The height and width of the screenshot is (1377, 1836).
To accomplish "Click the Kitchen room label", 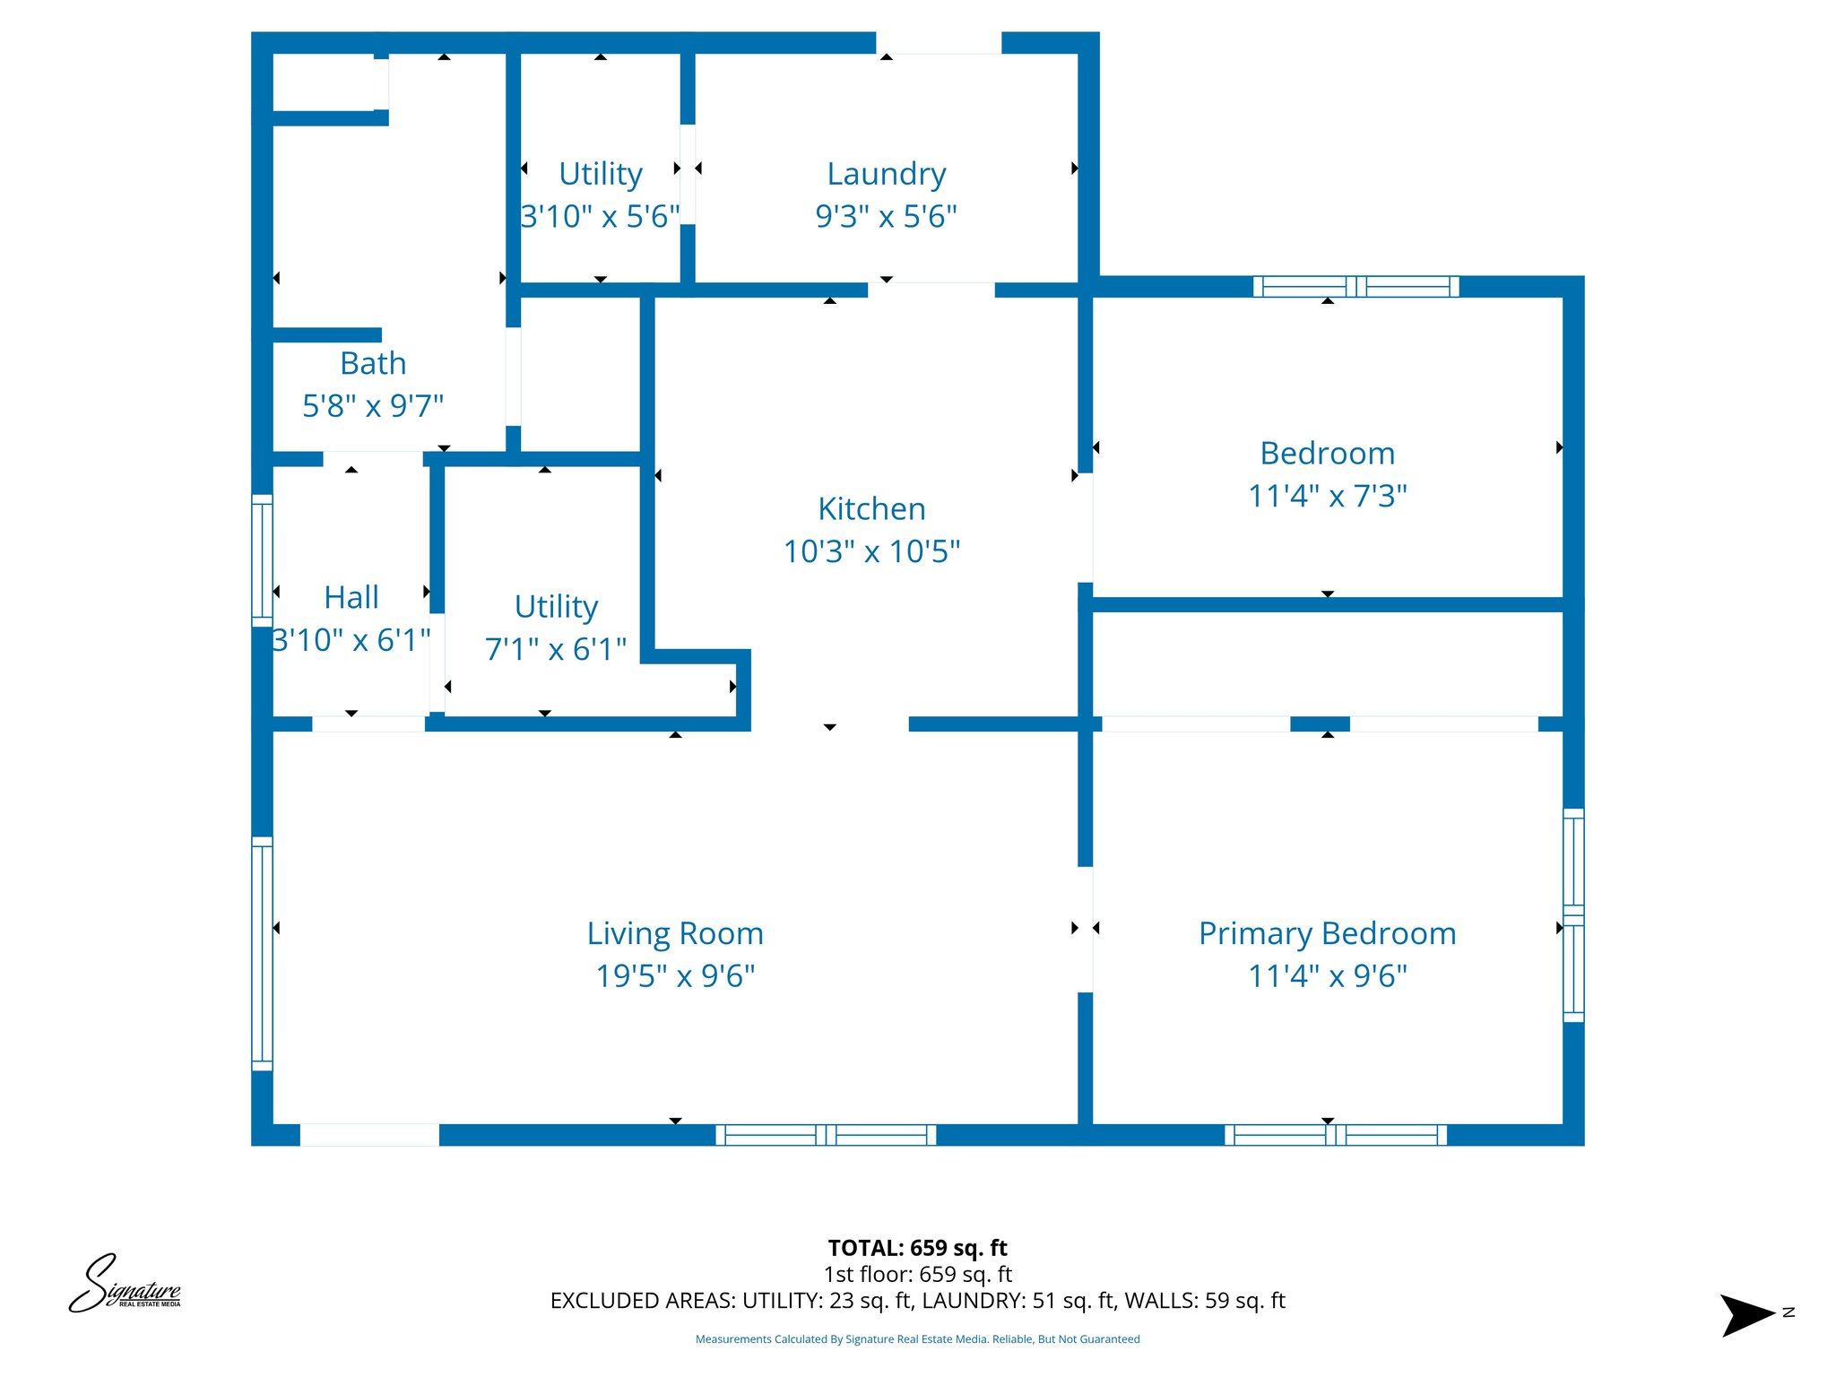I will click(871, 509).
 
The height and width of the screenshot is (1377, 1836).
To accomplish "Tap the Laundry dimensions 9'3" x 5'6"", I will click(886, 217).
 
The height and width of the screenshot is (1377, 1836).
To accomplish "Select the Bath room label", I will click(373, 364).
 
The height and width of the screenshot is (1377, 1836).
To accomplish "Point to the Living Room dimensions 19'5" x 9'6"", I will click(675, 976).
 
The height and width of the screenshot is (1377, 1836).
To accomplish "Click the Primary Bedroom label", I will click(1327, 934).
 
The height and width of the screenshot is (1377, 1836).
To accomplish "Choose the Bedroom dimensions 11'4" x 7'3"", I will click(1327, 496).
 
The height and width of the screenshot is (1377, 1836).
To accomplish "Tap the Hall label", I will click(351, 598).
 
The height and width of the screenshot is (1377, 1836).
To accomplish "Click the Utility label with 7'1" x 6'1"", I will click(556, 607).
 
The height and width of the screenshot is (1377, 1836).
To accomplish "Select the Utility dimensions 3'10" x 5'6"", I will click(600, 217).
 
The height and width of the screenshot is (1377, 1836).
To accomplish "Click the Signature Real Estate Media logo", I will click(126, 1285).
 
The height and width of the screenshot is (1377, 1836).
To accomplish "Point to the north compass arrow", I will click(1748, 1315).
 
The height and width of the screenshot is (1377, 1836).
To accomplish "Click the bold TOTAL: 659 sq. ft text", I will click(917, 1248).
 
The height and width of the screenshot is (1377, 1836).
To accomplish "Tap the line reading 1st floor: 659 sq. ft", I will click(917, 1274).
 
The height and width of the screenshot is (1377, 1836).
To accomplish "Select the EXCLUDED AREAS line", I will click(917, 1301).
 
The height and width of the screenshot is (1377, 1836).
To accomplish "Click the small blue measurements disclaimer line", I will click(917, 1339).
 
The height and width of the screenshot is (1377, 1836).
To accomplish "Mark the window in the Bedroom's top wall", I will click(1355, 287).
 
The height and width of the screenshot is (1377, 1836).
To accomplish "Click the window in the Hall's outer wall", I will click(262, 560).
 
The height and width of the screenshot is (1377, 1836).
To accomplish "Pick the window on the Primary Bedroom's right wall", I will click(1573, 915).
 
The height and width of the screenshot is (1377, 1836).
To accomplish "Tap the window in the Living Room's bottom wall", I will click(826, 1135).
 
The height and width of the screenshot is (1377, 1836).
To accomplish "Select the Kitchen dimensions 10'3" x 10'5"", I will click(871, 551).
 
